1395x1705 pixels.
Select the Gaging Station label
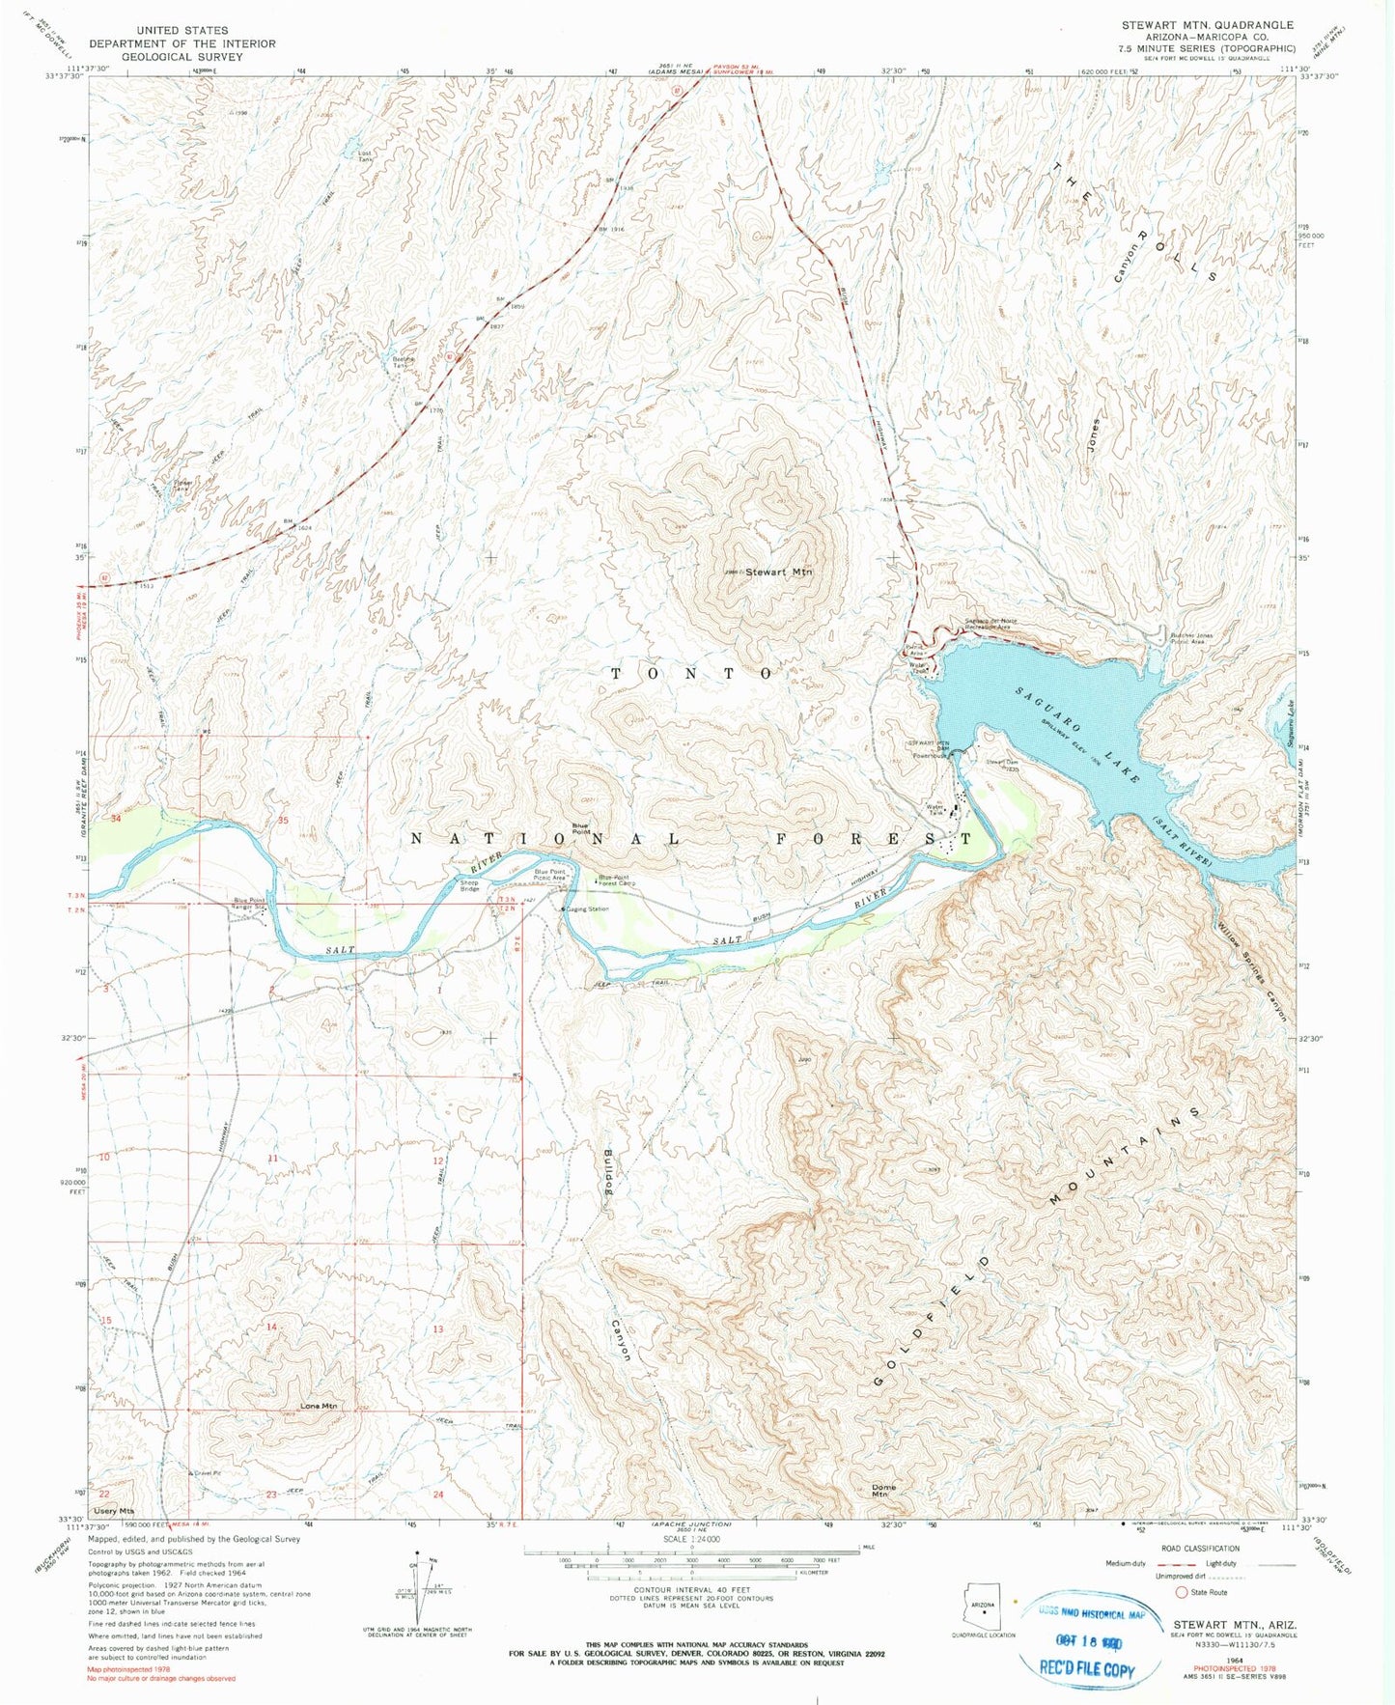click(x=588, y=908)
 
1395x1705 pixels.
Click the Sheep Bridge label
click(x=469, y=885)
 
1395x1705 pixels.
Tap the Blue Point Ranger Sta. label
click(x=249, y=904)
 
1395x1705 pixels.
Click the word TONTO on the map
click(x=692, y=673)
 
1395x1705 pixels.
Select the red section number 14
click(x=272, y=1328)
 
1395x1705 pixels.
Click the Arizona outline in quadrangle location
click(x=983, y=1608)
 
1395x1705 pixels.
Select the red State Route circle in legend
click(x=1180, y=1592)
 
